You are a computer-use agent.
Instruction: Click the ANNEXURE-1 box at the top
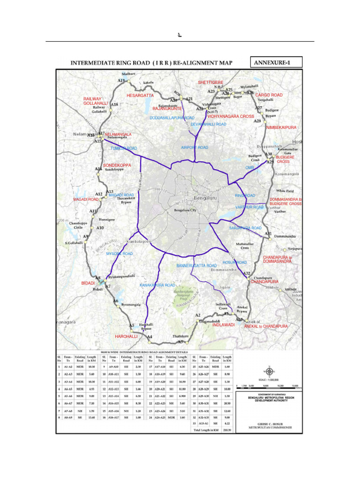click(x=277, y=62)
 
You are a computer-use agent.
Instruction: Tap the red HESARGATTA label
click(x=140, y=96)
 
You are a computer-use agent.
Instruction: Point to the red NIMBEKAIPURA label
click(x=281, y=127)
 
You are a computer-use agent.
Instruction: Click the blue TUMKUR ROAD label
click(x=123, y=149)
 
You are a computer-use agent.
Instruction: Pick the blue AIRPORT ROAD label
click(x=194, y=148)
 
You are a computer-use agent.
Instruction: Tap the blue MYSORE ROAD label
click(x=119, y=254)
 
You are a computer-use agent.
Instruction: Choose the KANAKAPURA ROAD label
click(x=157, y=285)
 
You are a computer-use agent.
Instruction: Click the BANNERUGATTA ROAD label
click(x=196, y=266)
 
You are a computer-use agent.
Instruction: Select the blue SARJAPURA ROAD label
click(x=245, y=228)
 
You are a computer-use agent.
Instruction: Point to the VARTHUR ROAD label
click(x=249, y=207)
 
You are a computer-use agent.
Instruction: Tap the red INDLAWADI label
click(x=223, y=325)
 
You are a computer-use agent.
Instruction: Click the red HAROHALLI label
click(x=126, y=337)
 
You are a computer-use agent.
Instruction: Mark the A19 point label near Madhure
click(x=121, y=81)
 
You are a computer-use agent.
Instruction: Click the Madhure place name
click(x=128, y=74)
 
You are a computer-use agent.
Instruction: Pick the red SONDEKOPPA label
click(x=117, y=165)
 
